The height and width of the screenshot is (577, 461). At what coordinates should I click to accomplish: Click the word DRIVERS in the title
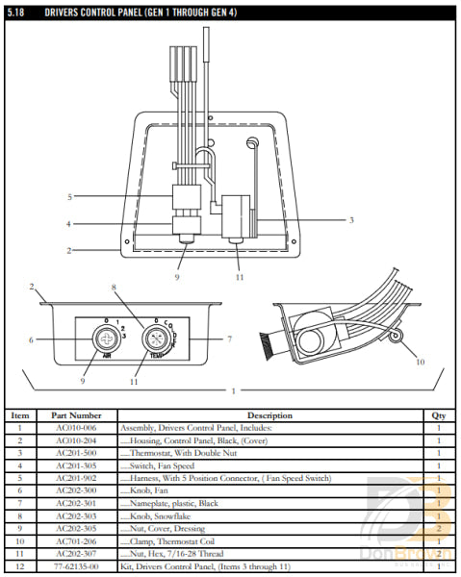coord(65,13)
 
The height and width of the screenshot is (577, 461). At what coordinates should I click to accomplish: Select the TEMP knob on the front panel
coord(157,339)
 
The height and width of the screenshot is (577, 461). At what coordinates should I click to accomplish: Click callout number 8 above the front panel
coord(113,288)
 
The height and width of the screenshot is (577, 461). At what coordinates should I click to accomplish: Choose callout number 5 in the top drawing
coord(69,197)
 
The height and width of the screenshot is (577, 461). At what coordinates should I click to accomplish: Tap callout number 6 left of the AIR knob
coord(31,339)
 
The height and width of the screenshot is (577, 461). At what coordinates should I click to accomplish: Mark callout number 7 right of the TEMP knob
coord(230,339)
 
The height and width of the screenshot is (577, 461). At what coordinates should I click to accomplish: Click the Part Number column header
coord(76,415)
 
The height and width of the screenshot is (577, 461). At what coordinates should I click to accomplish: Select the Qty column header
coord(438,415)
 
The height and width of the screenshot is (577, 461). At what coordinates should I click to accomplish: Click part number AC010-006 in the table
coord(76,428)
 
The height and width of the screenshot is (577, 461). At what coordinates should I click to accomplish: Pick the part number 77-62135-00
coord(76,567)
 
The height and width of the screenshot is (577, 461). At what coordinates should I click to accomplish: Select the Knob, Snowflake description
coord(158,516)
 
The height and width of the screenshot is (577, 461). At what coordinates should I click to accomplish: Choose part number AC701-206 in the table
coord(76,541)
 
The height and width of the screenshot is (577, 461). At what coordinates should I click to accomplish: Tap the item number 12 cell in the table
coord(20,567)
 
